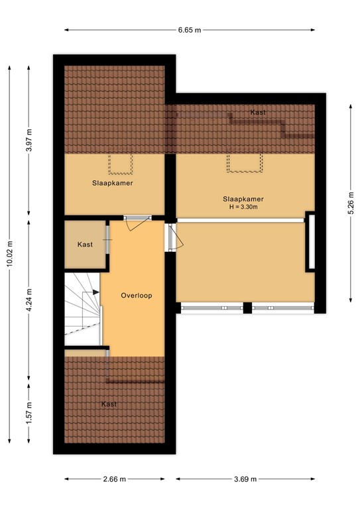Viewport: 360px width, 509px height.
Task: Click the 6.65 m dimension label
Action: pyautogui.click(x=190, y=30)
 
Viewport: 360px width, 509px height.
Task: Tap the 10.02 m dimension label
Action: pyautogui.click(x=9, y=254)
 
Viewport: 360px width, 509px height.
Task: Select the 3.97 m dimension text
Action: pyautogui.click(x=29, y=141)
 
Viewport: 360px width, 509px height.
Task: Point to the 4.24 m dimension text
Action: pyautogui.click(x=29, y=300)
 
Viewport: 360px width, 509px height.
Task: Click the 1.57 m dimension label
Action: pyautogui.click(x=29, y=412)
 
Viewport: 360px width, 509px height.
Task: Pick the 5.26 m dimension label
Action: pyautogui.click(x=351, y=203)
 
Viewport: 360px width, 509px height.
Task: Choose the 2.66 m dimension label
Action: pyautogui.click(x=114, y=479)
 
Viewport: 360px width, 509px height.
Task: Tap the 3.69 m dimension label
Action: pyautogui.click(x=245, y=479)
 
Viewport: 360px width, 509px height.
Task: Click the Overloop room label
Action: pyautogui.click(x=137, y=296)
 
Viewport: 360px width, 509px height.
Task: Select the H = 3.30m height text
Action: pyautogui.click(x=243, y=207)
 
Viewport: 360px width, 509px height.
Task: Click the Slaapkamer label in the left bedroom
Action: pyautogui.click(x=112, y=183)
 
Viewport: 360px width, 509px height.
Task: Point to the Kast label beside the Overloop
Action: pyautogui.click(x=85, y=245)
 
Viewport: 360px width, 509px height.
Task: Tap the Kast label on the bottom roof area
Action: pyautogui.click(x=109, y=404)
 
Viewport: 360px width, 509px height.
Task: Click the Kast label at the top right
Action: pyautogui.click(x=258, y=112)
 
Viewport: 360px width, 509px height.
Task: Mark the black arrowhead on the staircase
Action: pyautogui.click(x=96, y=292)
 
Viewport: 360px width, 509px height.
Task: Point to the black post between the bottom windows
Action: pyautogui.click(x=247, y=308)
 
